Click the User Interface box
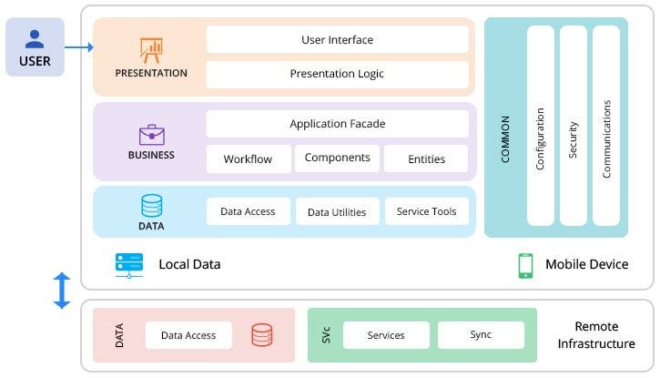click(337, 40)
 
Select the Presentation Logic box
click(337, 74)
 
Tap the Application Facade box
click(337, 124)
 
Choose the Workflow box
click(249, 158)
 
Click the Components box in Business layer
click(337, 158)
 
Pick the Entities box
click(426, 158)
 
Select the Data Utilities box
click(337, 211)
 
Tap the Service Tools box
click(426, 211)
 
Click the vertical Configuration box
click(541, 126)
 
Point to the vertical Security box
click(574, 126)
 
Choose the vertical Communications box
click(606, 126)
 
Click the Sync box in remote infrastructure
click(481, 335)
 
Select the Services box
click(386, 335)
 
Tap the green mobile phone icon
click(525, 265)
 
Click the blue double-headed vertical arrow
click(62, 290)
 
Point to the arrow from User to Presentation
click(79, 46)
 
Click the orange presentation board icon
click(150, 49)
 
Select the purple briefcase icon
click(151, 135)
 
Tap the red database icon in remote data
click(262, 335)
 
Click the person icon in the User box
click(35, 38)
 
